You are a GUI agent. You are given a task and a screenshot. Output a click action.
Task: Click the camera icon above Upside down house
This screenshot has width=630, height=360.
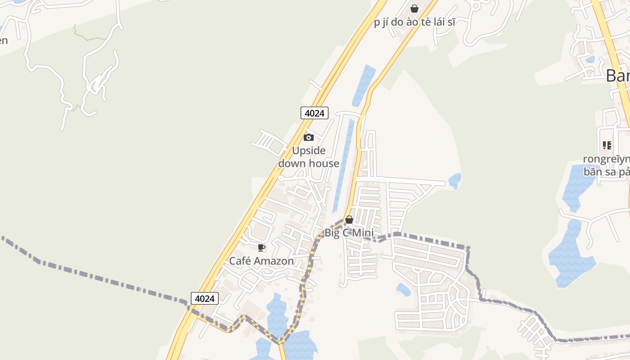point(309,137)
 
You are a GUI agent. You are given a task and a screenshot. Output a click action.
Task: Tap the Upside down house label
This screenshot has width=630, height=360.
point(309,157)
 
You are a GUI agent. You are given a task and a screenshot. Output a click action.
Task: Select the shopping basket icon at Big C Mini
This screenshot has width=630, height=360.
point(349,220)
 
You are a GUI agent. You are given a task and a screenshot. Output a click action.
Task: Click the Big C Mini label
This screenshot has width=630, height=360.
point(349,233)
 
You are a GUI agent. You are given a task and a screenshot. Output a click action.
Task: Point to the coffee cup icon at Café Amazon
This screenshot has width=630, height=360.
point(261,247)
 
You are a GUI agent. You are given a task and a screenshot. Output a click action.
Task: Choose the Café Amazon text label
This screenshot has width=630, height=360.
point(261,261)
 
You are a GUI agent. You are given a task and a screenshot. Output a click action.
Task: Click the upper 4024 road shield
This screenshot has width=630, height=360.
point(315,113)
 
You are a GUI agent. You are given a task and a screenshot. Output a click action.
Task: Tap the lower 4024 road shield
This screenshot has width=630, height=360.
point(205,298)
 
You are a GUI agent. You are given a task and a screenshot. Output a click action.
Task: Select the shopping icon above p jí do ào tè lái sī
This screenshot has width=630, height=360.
point(414,9)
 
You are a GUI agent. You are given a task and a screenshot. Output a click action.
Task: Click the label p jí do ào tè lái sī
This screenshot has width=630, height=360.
point(414,22)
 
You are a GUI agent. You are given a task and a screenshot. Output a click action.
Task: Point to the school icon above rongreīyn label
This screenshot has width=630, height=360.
point(607,145)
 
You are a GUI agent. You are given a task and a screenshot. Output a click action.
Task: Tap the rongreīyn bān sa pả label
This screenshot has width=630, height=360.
point(607,165)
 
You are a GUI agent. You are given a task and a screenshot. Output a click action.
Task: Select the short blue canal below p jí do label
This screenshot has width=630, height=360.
point(364,85)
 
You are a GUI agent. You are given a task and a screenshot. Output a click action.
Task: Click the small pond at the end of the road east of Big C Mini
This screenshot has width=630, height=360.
point(455,181)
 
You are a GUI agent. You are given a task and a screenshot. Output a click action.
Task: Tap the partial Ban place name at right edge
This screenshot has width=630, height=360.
point(617,76)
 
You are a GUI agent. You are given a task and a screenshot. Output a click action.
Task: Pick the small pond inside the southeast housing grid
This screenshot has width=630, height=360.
point(403,289)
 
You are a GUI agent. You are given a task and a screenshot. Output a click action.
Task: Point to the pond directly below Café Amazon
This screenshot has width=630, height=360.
point(277,315)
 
